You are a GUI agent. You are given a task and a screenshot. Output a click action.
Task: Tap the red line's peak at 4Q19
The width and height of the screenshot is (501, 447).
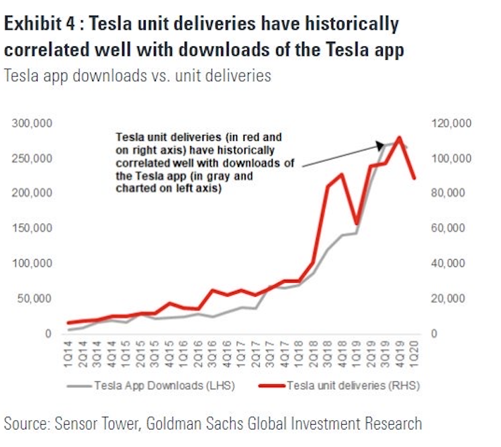[400, 138]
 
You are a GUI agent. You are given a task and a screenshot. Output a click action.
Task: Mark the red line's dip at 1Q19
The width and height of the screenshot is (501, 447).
[357, 223]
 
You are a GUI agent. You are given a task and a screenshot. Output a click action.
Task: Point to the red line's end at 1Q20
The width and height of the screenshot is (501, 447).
[414, 178]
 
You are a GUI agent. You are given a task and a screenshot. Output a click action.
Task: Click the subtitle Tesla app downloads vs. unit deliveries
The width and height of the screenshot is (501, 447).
[138, 75]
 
